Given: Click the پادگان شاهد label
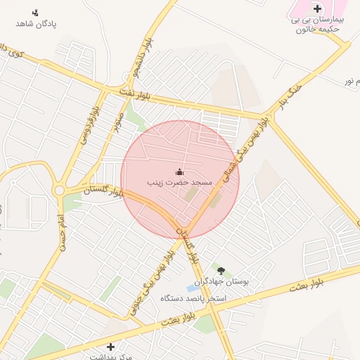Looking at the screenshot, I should [35, 24].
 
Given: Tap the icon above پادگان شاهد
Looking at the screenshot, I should [36, 12].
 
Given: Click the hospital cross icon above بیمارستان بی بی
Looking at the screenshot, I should [317, 8].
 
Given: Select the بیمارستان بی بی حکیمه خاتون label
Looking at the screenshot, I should [317, 25].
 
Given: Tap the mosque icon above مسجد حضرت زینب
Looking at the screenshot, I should [179, 172].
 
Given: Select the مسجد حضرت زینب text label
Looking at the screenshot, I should [179, 182].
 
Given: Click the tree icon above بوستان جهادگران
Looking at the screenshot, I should [221, 270].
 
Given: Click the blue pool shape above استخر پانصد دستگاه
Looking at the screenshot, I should [193, 288].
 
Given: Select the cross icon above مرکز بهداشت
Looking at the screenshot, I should [110, 347].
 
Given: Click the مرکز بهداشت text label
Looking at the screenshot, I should [110, 356].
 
